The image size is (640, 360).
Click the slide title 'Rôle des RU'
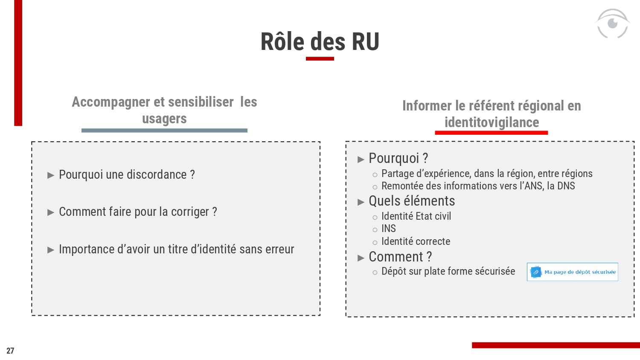pos(320,42)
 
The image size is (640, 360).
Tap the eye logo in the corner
pos(612,23)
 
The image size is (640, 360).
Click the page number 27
pos(10,351)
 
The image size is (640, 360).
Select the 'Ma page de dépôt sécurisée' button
pos(572,272)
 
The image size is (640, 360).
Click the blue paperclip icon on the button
pos(536,272)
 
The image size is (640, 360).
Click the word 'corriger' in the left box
pos(190,212)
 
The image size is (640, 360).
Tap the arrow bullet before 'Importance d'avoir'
pos(51,250)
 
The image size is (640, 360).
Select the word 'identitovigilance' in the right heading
pos(492,122)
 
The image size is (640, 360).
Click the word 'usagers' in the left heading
pos(164,119)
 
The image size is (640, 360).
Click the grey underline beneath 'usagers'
pos(164,131)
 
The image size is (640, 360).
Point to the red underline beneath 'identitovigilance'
pos(491,133)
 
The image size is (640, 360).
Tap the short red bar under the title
pos(320,58)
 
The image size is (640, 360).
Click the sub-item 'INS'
pos(389,229)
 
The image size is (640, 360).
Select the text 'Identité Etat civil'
pos(416,216)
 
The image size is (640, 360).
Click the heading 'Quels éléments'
pos(412,201)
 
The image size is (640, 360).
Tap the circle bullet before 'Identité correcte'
pos(375,243)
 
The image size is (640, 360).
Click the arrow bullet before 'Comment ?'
pos(361,258)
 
